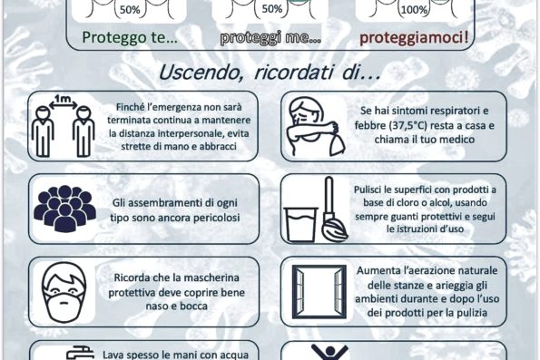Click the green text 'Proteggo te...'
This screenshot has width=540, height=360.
tap(130, 37)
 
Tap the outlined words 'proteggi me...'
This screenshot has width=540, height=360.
tap(270, 37)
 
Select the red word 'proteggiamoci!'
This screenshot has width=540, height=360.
tap(414, 38)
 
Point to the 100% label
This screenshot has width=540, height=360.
tap(414, 10)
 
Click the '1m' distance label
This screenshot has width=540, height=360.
tap(63, 99)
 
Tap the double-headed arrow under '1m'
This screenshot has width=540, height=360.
tap(63, 106)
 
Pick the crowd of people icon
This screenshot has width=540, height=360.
tap(64, 209)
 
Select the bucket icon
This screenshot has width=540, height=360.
tap(300, 224)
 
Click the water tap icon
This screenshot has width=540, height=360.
tap(80, 353)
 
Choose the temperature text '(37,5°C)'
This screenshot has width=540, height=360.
tap(408, 126)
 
